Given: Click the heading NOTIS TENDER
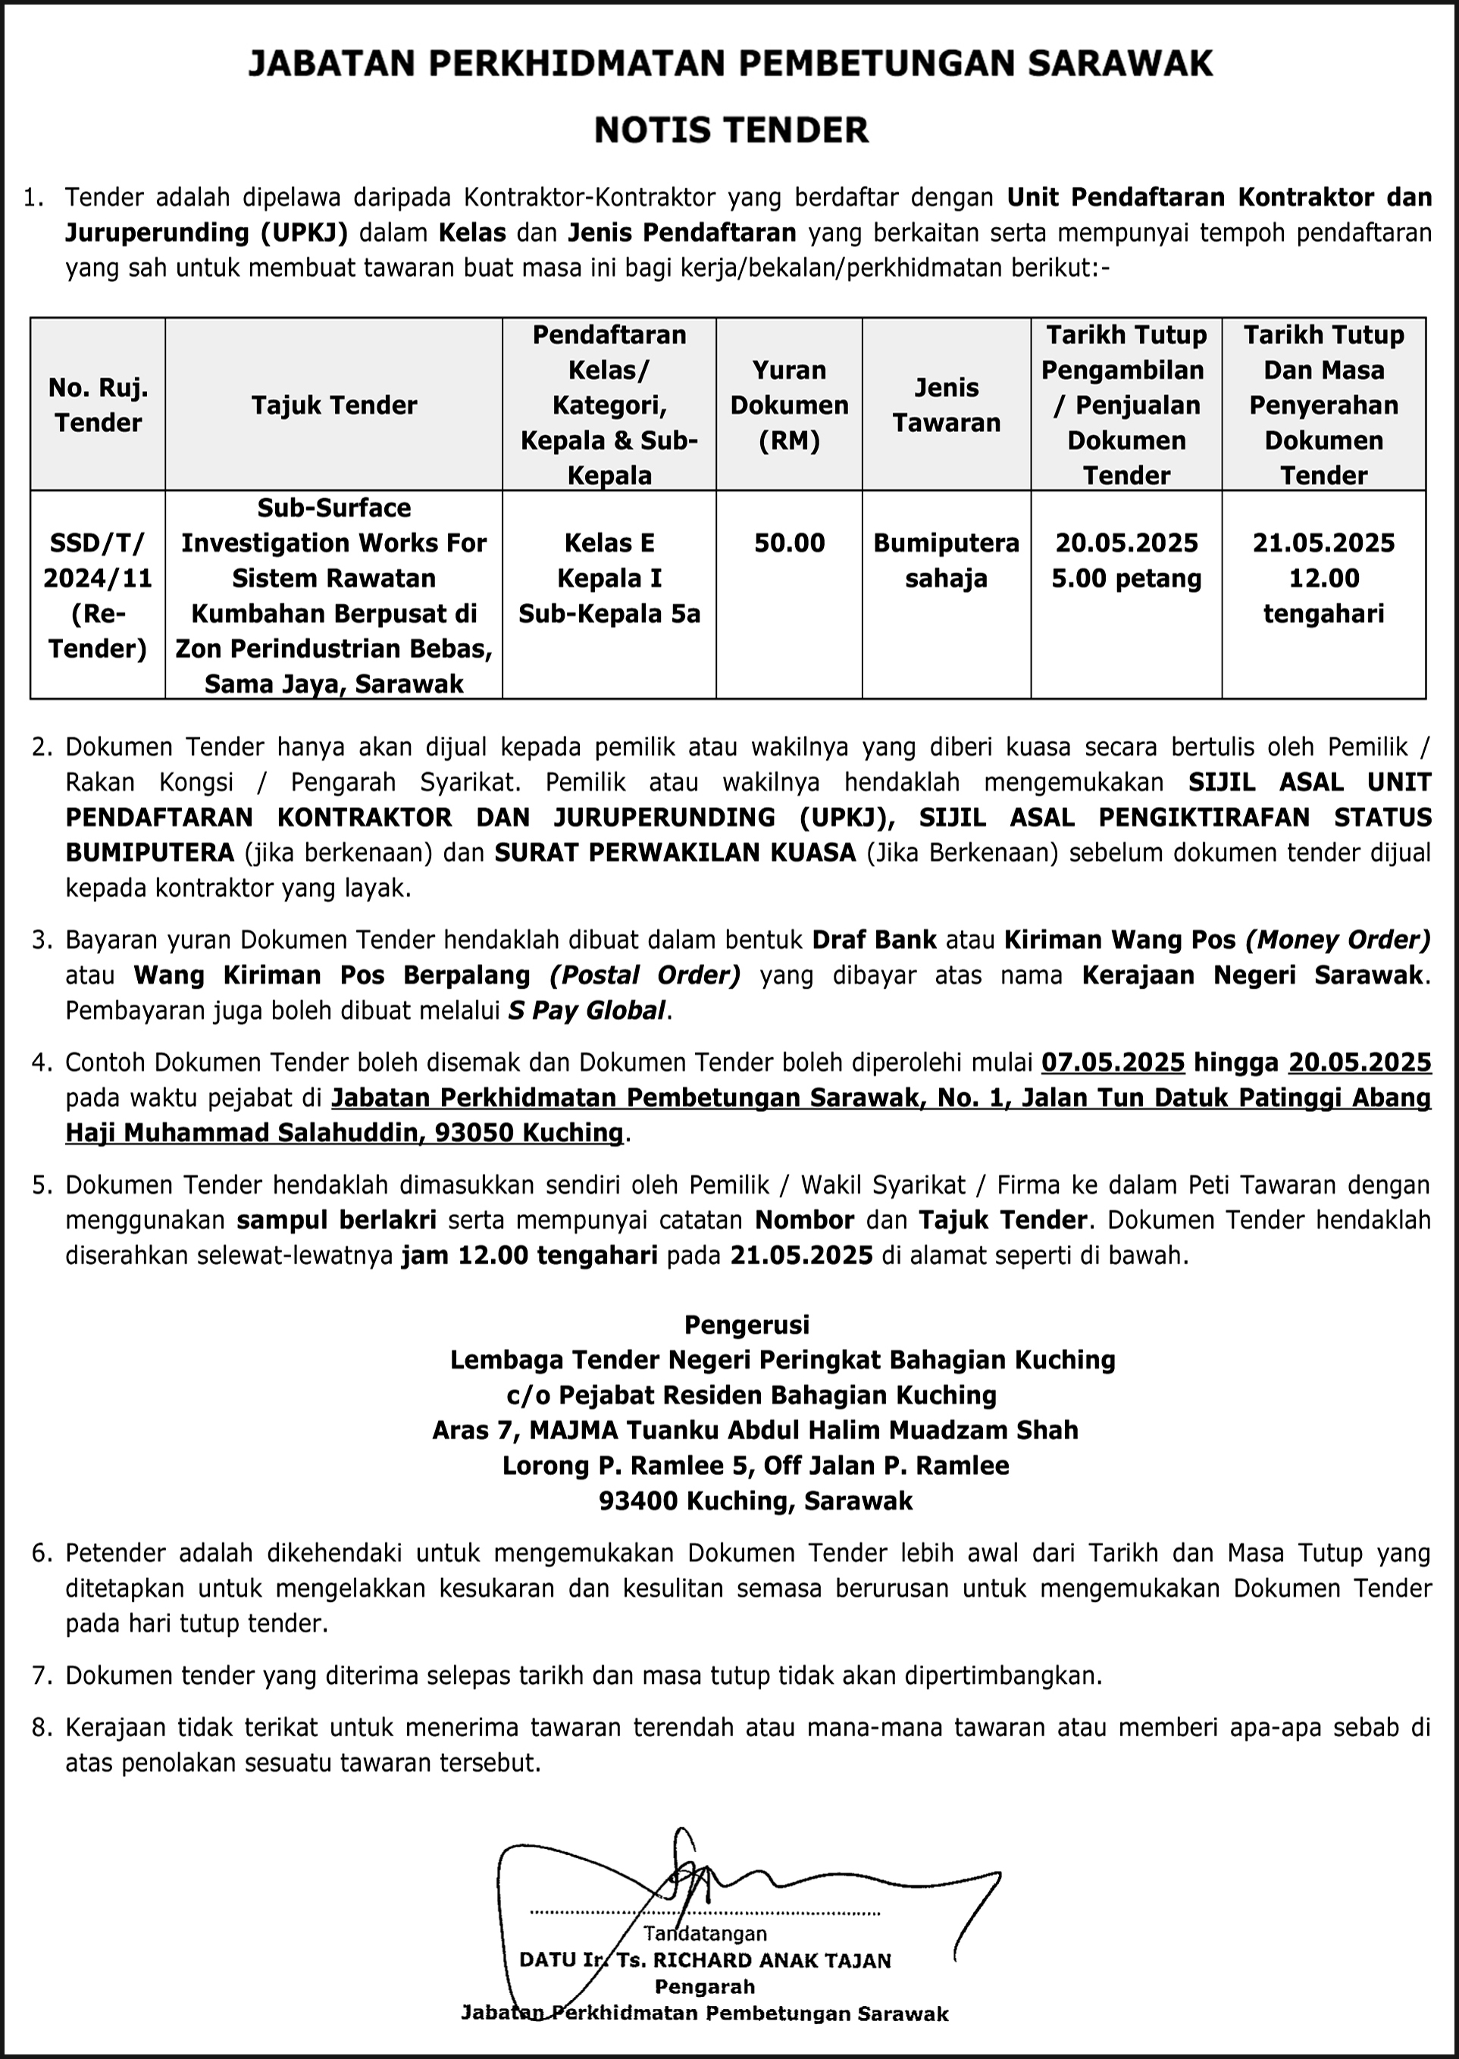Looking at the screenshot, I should point(731,130).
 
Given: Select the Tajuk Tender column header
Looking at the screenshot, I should point(334,405).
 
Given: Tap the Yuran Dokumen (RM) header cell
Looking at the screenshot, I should point(789,405).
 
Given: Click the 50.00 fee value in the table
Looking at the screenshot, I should point(789,543).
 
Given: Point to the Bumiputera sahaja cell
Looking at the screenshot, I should point(946,561).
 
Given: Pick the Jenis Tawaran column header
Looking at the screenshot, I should point(946,405).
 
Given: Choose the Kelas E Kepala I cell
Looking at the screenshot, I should point(609,561).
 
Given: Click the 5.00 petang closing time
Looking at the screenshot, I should point(1126,578).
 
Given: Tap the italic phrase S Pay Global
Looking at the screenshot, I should point(587,1011).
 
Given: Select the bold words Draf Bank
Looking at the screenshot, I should point(874,940).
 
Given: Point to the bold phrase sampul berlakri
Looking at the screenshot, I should point(337,1220).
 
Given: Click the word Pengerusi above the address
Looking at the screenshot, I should point(747,1325).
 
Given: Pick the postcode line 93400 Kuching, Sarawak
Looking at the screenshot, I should point(756,1501).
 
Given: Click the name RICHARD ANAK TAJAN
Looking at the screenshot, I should point(772,1960).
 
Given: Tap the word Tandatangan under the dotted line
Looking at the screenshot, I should point(705,1933).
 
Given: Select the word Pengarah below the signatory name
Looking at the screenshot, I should point(704,1986).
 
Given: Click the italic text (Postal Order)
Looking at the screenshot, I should point(645,975).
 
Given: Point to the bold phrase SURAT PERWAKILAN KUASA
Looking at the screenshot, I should point(675,853).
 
